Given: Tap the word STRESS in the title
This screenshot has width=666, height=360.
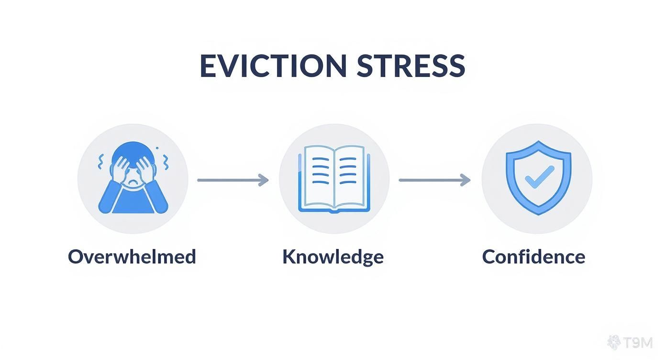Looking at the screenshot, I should [411, 66].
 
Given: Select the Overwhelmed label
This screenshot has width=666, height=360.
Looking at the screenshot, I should [132, 257].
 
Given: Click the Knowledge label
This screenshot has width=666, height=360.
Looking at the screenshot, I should [333, 257].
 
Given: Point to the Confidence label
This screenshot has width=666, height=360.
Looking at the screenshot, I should [533, 257].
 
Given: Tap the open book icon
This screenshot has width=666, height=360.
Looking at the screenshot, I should [333, 179].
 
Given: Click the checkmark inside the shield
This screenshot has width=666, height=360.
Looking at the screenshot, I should [539, 177].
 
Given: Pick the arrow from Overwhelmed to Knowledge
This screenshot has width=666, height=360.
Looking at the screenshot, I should [232, 180].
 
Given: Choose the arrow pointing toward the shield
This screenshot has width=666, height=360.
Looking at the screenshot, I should [434, 180].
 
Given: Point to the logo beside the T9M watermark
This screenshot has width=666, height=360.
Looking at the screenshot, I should [614, 342].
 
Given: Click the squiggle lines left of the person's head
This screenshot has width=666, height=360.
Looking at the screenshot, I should [101, 162].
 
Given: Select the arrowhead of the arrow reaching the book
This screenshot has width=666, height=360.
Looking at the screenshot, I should [264, 180].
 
